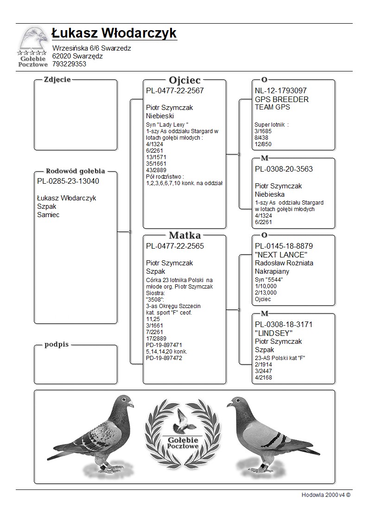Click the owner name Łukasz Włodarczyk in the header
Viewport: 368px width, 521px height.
pos(114,33)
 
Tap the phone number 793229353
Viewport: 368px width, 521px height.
pos(69,64)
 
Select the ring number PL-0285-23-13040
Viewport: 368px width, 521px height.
pos(68,181)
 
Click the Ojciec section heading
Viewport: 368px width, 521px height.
pos(184,80)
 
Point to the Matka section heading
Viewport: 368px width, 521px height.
pos(184,235)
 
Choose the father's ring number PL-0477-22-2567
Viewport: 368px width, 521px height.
pos(175,91)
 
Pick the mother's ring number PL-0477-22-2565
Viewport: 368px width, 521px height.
pos(175,246)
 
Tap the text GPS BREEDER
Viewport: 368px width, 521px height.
pos(281,99)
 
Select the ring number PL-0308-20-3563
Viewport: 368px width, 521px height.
pos(284,169)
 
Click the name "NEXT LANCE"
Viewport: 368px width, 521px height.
pos(281,255)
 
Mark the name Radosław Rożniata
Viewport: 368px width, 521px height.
pos(284,263)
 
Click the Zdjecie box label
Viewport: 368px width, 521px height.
pos(57,79)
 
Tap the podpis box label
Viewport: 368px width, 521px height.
pos(57,345)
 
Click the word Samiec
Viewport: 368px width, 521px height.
pos(48,215)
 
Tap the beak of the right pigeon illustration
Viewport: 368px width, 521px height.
pos(228,405)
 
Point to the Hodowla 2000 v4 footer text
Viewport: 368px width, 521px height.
pos(326,495)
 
